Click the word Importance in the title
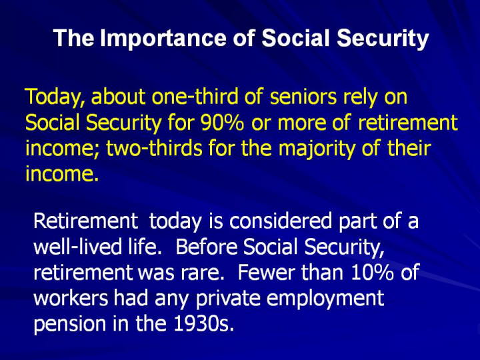click(163, 38)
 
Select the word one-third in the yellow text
click(195, 96)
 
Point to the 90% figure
click(223, 123)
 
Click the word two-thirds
click(154, 148)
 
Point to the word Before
click(207, 247)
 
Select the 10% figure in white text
click(372, 273)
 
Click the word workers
click(71, 298)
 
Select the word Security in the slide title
click(383, 39)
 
